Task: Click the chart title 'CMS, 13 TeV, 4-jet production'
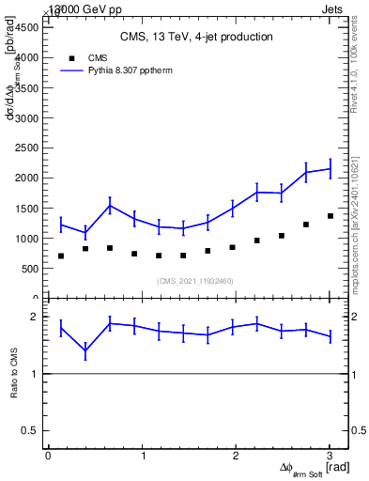click(x=196, y=38)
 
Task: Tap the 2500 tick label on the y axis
click(x=27, y=147)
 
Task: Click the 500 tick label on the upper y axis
click(x=30, y=268)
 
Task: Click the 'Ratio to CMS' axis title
click(x=14, y=373)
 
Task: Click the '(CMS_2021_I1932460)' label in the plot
click(x=195, y=281)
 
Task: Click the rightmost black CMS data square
click(x=330, y=216)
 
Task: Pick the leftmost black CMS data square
click(x=61, y=256)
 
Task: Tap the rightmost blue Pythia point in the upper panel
click(x=330, y=169)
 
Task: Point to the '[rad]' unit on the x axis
click(x=338, y=467)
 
